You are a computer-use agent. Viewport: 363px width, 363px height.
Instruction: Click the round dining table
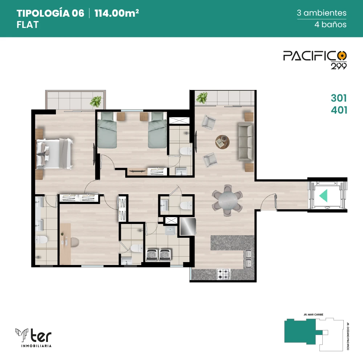click(x=228, y=200)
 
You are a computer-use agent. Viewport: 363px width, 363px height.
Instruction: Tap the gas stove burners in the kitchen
click(x=224, y=274)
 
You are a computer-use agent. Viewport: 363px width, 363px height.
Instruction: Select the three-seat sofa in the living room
click(x=246, y=142)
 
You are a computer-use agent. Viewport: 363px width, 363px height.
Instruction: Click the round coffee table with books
click(x=223, y=142)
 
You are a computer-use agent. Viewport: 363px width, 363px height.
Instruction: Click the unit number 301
click(x=339, y=98)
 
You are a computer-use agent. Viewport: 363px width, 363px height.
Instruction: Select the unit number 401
click(x=339, y=110)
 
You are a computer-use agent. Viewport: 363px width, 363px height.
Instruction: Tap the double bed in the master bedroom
click(x=54, y=154)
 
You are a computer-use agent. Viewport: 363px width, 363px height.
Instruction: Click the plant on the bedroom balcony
click(x=95, y=101)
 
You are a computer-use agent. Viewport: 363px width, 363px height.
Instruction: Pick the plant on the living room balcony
click(x=201, y=98)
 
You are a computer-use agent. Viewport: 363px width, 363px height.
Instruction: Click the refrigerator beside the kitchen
click(x=188, y=227)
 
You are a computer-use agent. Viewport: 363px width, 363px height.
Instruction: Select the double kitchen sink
click(x=248, y=258)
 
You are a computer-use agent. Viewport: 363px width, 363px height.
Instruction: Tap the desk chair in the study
click(x=75, y=242)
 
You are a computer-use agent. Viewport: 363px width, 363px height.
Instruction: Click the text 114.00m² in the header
click(x=117, y=13)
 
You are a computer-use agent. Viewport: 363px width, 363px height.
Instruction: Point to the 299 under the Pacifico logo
click(x=339, y=66)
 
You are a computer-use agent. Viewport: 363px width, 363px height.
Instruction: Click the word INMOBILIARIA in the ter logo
click(x=36, y=346)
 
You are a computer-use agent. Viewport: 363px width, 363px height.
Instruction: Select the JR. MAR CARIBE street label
click(x=314, y=315)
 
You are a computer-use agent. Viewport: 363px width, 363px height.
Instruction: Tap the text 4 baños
click(x=330, y=25)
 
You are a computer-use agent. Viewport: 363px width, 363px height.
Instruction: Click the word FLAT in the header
click(x=28, y=25)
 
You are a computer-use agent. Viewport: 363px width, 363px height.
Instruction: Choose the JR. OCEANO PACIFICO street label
click(x=348, y=336)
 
